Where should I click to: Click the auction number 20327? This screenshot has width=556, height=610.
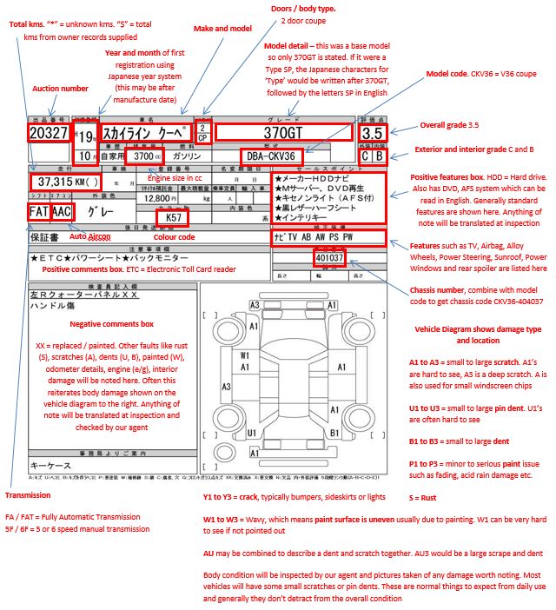48,133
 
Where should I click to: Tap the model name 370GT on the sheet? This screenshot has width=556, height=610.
283,133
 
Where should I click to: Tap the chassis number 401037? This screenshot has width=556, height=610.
330,258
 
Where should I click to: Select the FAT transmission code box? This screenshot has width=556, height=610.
38,211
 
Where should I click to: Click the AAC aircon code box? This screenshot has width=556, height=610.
61,211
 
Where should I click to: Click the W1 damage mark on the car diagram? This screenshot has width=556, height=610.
246,355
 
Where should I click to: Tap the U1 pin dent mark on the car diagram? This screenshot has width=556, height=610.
252,432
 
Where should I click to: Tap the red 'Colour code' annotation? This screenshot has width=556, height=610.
174,236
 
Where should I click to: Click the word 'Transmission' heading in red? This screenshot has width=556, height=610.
31,496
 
